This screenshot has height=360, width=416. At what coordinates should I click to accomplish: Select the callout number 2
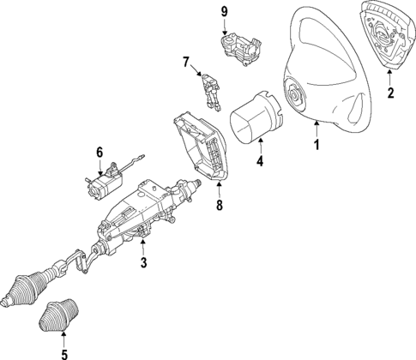point(390,93)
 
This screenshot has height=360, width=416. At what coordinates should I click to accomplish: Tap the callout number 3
point(144,262)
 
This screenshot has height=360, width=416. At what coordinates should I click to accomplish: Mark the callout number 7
point(185,61)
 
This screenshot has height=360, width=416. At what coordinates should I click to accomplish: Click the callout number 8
point(219,206)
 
